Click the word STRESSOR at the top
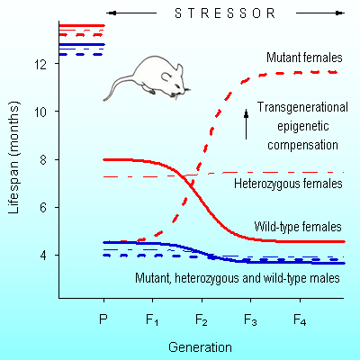point(225,13)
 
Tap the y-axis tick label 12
point(40,64)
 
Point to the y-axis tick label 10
point(40,112)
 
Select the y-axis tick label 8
point(43,159)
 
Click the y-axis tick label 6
point(43,208)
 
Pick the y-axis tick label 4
point(43,256)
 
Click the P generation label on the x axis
point(103,319)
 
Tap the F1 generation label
point(152,320)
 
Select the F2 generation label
point(202,320)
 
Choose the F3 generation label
point(250,320)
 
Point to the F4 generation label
point(300,320)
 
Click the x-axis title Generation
point(200,347)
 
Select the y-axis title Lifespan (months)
point(13,157)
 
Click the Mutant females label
point(304,58)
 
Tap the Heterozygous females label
point(288,184)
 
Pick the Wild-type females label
point(298,227)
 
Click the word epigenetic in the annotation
point(303,126)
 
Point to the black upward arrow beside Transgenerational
point(247,124)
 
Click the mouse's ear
point(166,76)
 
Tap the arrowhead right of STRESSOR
point(340,13)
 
